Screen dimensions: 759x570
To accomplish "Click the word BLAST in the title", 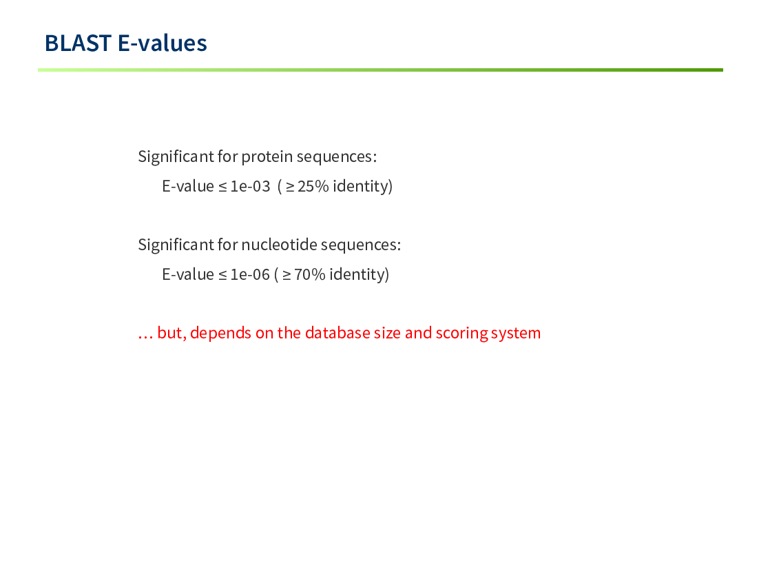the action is [79, 43].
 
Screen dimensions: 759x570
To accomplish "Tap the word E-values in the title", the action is [163, 43].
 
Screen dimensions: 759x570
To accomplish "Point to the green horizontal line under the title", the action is [380, 70].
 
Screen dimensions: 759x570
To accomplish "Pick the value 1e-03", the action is [250, 186].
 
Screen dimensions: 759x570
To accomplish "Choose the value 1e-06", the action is [250, 274].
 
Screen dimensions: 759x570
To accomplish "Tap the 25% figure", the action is [313, 186].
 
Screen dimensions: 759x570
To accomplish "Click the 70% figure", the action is [310, 274].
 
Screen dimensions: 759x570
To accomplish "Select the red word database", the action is [337, 333].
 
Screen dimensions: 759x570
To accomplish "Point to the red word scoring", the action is [461, 334].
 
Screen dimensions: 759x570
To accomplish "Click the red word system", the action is [515, 334].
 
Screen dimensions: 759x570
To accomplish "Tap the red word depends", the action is [220, 334].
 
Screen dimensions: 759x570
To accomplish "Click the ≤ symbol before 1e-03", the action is [222, 187].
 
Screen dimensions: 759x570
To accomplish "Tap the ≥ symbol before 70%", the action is [287, 275].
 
